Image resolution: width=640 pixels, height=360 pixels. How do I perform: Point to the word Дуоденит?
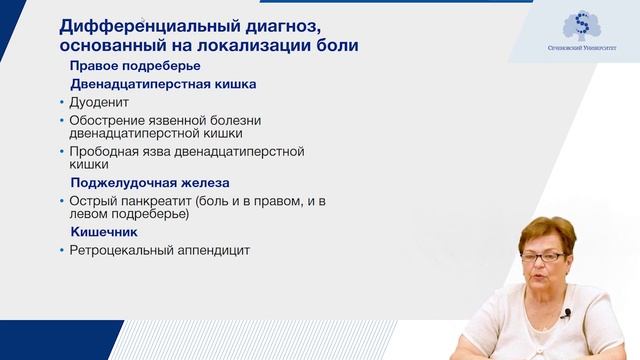(x=101, y=103)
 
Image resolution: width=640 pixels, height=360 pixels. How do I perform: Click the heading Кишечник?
(x=104, y=232)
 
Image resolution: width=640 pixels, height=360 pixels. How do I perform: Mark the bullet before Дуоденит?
(x=61, y=103)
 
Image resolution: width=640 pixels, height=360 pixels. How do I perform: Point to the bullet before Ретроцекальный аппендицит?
(x=61, y=251)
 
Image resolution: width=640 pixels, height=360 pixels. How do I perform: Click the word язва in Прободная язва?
(x=168, y=152)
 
